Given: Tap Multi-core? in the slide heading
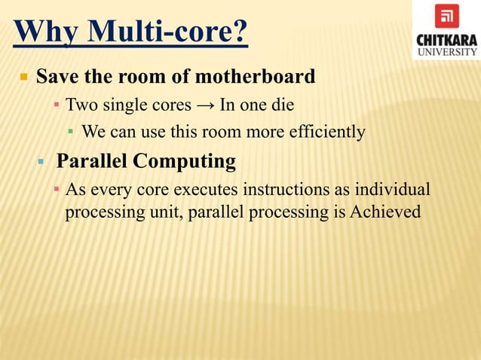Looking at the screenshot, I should click(x=168, y=33).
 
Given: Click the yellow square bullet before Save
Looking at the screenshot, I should click(x=23, y=78).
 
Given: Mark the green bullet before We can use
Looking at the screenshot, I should click(x=70, y=132).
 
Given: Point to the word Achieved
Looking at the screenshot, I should click(x=385, y=212).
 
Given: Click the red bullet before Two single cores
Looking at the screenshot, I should click(x=56, y=104).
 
